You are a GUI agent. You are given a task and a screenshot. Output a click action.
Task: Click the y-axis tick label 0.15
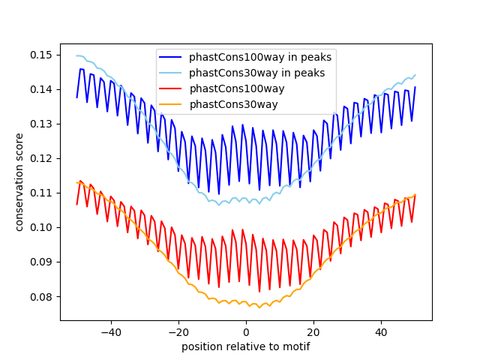point(41,55)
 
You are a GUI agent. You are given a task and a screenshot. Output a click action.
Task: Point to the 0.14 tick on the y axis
point(41,90)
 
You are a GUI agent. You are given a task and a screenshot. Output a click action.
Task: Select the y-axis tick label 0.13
point(41,124)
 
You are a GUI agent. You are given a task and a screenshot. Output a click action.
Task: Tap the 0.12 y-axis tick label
point(41,158)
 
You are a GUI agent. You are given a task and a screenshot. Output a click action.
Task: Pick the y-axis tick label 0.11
point(41,193)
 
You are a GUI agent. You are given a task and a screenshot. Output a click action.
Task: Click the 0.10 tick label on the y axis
point(41,227)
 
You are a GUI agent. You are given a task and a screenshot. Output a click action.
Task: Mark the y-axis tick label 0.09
point(41,262)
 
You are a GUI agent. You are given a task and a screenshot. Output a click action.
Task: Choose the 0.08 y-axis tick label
point(41,297)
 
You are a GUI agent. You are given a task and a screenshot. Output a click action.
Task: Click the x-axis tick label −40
point(111,332)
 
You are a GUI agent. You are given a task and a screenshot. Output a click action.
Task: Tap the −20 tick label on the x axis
point(178,332)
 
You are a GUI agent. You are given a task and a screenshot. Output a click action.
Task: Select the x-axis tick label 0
point(246,332)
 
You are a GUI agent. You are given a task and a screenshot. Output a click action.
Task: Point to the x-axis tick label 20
point(313,332)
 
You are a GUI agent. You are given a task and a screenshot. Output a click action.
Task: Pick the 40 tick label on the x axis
point(381,332)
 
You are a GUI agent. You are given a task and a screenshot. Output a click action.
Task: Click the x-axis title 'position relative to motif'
point(246,346)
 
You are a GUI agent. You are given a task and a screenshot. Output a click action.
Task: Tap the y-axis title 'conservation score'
point(19,182)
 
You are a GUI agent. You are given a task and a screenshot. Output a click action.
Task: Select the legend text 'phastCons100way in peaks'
point(260,57)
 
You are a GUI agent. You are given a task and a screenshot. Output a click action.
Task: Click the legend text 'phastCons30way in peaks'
point(256,73)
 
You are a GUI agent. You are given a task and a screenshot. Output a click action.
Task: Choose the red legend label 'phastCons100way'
point(237,88)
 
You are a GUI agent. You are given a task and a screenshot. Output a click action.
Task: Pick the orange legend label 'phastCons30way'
point(233,104)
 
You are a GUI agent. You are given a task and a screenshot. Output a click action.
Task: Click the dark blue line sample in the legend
point(170,57)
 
